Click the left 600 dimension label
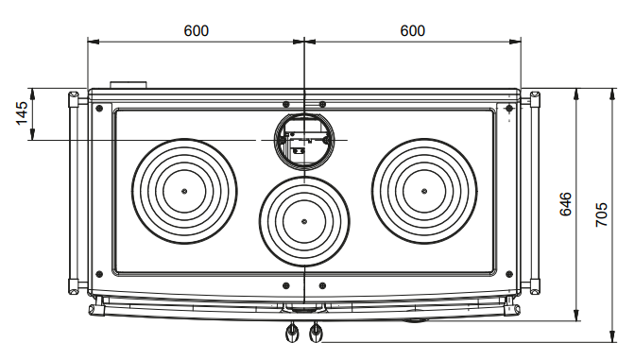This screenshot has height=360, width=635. (197, 31)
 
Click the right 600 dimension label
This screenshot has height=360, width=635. (413, 31)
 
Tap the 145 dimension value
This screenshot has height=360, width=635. (22, 113)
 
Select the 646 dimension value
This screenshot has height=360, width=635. (566, 204)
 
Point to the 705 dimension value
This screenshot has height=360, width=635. (602, 214)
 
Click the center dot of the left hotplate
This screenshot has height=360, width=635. (184, 191)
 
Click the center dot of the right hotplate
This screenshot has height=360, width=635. (424, 191)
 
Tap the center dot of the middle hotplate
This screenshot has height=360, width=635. (304, 221)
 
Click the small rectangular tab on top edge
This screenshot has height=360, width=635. (129, 85)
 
